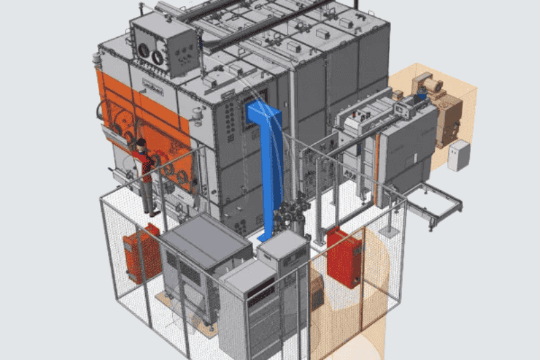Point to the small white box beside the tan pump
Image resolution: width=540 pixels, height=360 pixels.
pyautogui.click(x=458, y=156)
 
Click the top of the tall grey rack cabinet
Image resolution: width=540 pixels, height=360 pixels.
pyautogui.click(x=284, y=242)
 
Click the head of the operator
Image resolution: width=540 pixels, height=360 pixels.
pyautogui.click(x=142, y=143)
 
